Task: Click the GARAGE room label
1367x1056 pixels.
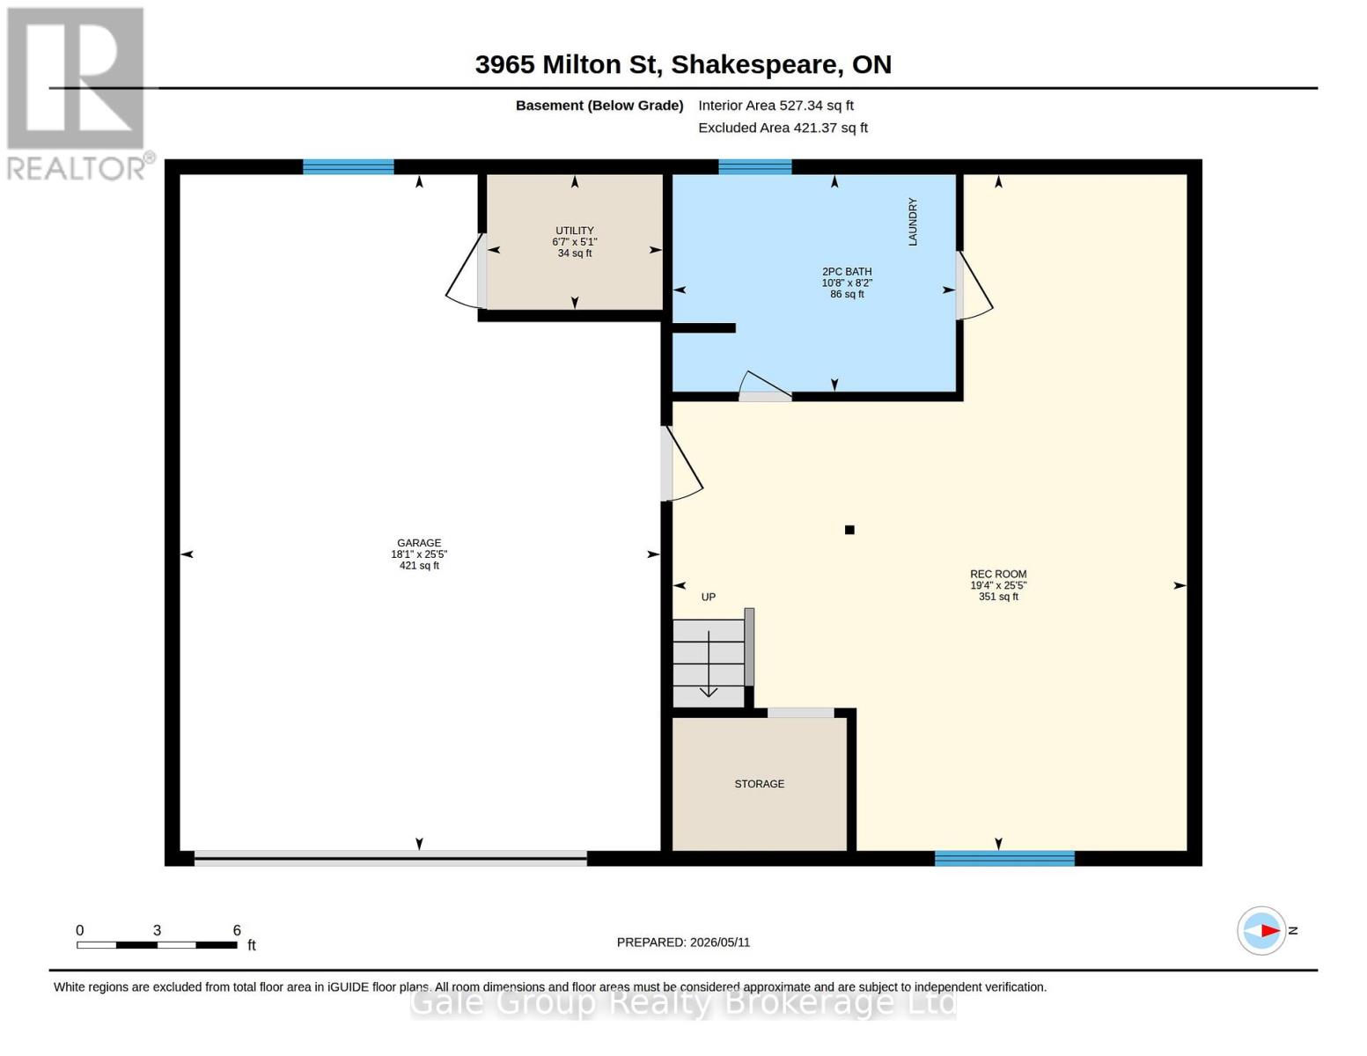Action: pyautogui.click(x=419, y=543)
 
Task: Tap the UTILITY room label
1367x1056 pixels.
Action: pyautogui.click(x=575, y=231)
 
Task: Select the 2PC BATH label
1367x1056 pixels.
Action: pyautogui.click(x=847, y=271)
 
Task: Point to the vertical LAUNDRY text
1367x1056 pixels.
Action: pyautogui.click(x=912, y=222)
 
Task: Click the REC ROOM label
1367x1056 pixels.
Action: pyautogui.click(x=998, y=574)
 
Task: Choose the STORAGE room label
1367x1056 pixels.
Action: pyautogui.click(x=760, y=784)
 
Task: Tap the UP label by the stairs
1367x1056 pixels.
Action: pyautogui.click(x=709, y=597)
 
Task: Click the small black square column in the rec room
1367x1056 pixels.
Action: pyautogui.click(x=849, y=530)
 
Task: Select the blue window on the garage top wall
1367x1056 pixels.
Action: pyautogui.click(x=349, y=166)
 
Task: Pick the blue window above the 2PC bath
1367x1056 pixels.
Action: pyautogui.click(x=755, y=166)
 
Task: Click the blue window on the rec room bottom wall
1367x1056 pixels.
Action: pyautogui.click(x=1004, y=859)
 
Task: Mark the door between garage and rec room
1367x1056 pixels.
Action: pyautogui.click(x=682, y=464)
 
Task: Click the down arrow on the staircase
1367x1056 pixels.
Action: pyautogui.click(x=709, y=664)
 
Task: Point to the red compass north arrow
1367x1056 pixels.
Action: pyautogui.click(x=1269, y=931)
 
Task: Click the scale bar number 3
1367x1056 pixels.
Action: pyautogui.click(x=157, y=930)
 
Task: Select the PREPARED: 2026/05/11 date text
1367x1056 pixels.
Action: pyautogui.click(x=683, y=942)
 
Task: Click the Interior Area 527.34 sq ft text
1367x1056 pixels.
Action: pyautogui.click(x=775, y=106)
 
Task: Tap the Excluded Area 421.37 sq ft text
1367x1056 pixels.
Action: pyautogui.click(x=783, y=128)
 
